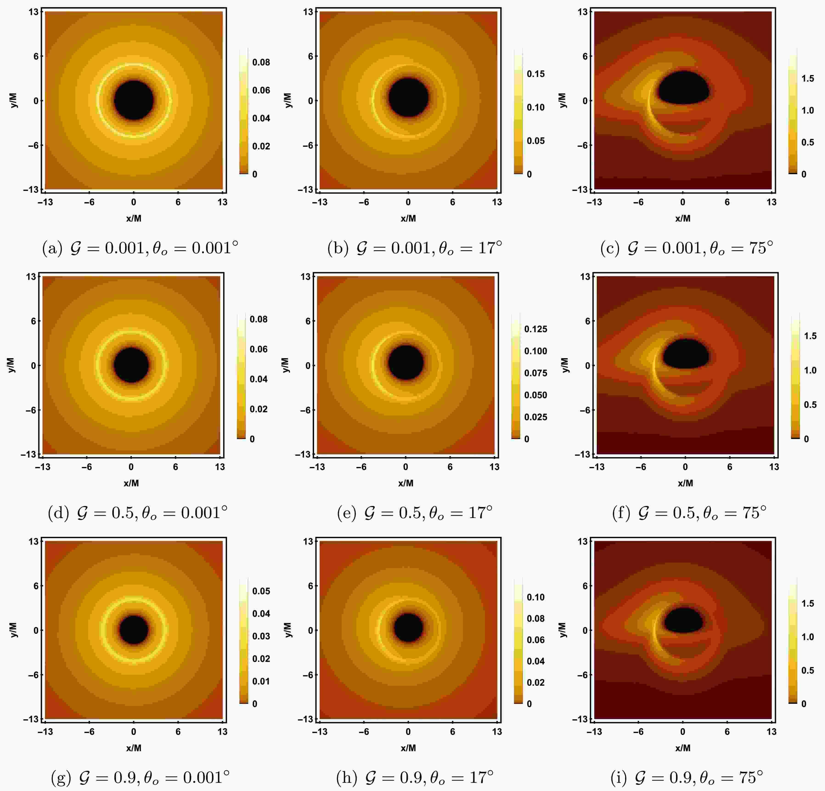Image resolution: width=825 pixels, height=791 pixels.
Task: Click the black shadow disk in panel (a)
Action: [x=134, y=100]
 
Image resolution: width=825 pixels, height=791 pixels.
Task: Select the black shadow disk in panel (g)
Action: [x=134, y=630]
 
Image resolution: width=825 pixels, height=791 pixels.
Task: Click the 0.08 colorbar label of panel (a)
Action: [x=261, y=62]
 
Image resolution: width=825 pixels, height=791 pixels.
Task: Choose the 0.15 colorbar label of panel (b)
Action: [x=535, y=74]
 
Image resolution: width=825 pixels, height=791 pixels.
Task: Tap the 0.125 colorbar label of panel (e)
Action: [x=535, y=329]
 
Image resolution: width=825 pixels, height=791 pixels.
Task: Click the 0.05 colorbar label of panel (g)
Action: [x=261, y=591]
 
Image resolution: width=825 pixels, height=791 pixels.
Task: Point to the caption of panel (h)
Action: [x=415, y=777]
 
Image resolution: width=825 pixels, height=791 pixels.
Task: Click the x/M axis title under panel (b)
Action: [x=408, y=218]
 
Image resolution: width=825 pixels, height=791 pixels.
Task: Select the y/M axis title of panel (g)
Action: [x=14, y=630]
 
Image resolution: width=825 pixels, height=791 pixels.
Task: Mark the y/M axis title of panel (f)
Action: [x=565, y=365]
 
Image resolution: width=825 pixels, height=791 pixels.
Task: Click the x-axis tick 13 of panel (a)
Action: [x=222, y=202]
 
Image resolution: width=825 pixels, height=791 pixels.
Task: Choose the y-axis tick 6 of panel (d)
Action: [x=33, y=321]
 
